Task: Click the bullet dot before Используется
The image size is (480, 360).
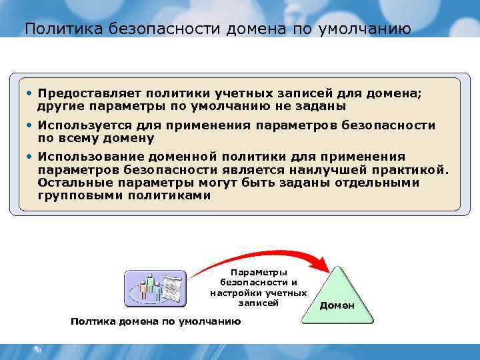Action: point(29,125)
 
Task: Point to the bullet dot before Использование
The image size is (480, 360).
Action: point(29,157)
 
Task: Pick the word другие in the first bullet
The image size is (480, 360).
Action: point(58,106)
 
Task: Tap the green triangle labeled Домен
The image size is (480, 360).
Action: point(337,297)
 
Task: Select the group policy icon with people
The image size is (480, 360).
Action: point(155,289)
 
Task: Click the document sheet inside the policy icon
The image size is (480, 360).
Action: point(174,289)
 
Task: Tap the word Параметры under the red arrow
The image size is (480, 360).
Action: point(259,272)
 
